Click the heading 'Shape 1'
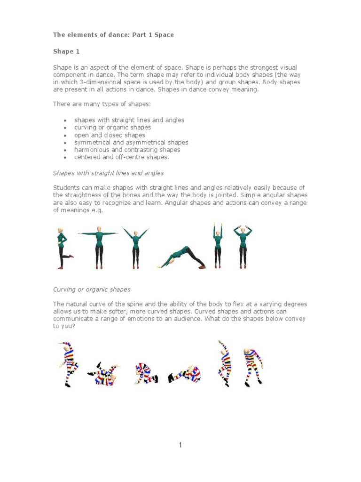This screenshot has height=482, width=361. tap(63, 51)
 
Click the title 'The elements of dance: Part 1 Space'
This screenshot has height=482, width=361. tap(113, 35)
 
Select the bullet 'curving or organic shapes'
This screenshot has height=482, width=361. tap(112, 128)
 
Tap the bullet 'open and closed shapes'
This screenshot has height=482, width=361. tap(110, 135)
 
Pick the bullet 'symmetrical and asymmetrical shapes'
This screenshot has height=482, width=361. tap(131, 142)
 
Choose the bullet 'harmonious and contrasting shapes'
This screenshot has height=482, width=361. tap(127, 150)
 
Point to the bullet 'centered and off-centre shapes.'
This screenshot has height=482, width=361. tap(121, 157)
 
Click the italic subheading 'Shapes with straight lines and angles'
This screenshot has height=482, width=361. tap(108, 173)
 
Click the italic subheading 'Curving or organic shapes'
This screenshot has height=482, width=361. tap(92, 289)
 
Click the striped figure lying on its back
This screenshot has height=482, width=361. tap(104, 373)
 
